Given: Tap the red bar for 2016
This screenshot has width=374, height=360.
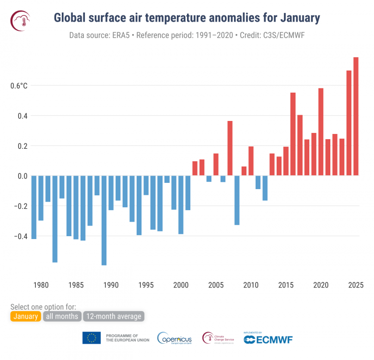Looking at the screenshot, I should tap(293, 134).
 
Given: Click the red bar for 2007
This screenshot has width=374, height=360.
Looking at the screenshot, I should tap(230, 148).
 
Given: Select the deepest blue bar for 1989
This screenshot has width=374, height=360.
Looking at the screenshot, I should tap(104, 220).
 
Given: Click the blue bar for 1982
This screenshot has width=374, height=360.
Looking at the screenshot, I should tap(55, 219).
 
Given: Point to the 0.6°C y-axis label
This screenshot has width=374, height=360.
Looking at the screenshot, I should tap(19, 86).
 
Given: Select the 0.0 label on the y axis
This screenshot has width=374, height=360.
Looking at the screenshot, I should tap(22, 176).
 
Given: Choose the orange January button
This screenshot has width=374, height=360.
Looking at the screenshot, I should tap(25, 316).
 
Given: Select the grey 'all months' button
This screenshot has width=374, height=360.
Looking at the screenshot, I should tap(62, 316).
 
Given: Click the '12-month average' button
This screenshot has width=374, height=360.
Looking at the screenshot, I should tap(114, 316).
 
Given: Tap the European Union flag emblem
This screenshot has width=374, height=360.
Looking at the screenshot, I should tap(92, 338).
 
